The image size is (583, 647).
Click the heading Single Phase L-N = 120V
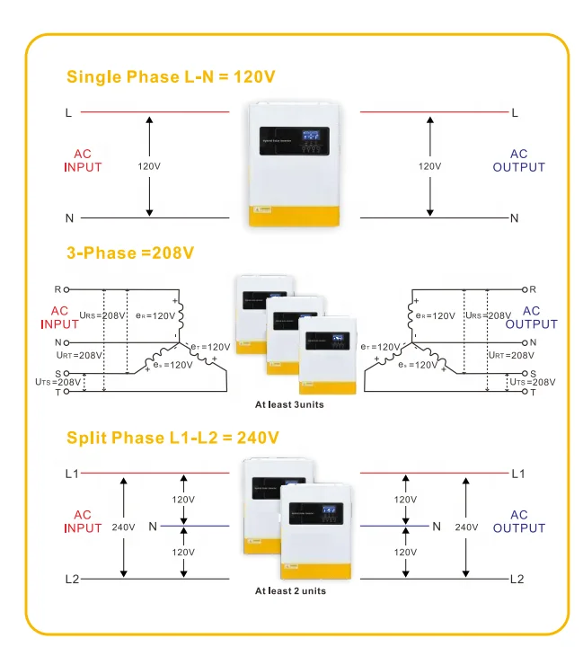point(170,76)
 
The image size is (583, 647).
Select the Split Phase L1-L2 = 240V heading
point(172,438)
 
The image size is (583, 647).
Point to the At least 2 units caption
point(290,590)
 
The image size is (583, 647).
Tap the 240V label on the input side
point(123,527)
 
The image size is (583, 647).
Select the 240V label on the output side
point(465,527)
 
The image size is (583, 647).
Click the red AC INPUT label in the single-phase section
point(83,160)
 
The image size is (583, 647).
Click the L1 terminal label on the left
point(72,473)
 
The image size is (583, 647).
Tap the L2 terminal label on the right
point(517,580)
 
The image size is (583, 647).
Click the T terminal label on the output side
point(533,393)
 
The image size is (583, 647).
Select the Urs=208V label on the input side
point(101,315)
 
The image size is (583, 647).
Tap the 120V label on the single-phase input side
point(149,166)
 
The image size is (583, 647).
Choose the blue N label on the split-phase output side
point(437,526)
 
